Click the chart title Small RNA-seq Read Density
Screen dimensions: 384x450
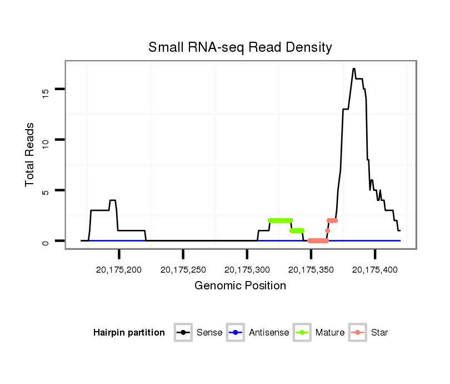pyautogui.click(x=240, y=47)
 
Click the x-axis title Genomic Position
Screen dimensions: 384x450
pyautogui.click(x=241, y=286)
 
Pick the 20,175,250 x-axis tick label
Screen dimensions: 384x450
pyautogui.click(x=183, y=270)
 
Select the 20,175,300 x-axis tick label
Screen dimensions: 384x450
pyautogui.click(x=247, y=270)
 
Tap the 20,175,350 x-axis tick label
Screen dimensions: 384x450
pyautogui.click(x=311, y=270)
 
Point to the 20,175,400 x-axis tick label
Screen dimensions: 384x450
pyautogui.click(x=375, y=270)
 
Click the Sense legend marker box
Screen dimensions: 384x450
pyautogui.click(x=183, y=333)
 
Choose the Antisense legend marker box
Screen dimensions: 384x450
pyautogui.click(x=236, y=333)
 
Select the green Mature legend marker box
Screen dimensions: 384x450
pyautogui.click(x=302, y=333)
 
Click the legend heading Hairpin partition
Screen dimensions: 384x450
pyautogui.click(x=129, y=333)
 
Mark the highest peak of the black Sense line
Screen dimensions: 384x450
pyautogui.click(x=353, y=68)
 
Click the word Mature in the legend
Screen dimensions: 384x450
pyautogui.click(x=330, y=333)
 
